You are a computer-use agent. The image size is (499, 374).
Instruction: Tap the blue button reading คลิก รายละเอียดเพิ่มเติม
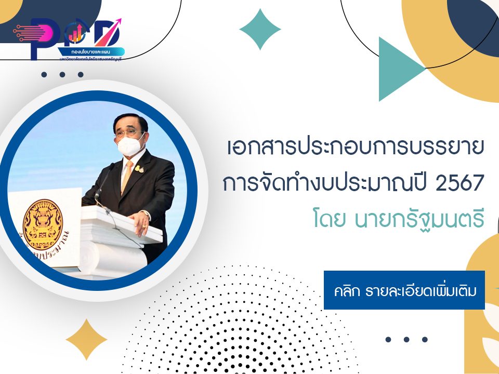tap(404, 290)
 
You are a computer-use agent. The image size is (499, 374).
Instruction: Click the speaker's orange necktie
tap(127, 177)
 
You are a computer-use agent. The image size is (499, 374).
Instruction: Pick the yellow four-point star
tap(86, 340)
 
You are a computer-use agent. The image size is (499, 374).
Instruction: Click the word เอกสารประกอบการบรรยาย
tap(356, 148)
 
